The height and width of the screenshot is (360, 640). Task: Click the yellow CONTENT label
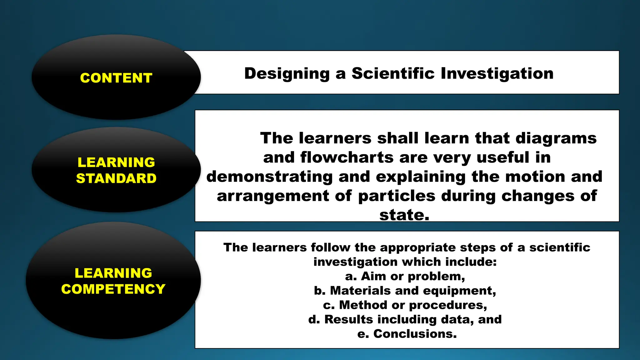(x=116, y=78)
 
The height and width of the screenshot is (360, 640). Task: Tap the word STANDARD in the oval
(x=116, y=178)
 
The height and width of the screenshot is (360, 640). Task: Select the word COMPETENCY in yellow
(x=113, y=289)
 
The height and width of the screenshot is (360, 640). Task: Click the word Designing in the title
(x=287, y=74)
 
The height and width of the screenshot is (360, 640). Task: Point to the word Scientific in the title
(x=393, y=73)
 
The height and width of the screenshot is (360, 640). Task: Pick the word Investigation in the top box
(x=497, y=74)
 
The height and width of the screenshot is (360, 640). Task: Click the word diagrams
(x=556, y=138)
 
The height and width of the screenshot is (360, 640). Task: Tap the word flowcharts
(x=347, y=157)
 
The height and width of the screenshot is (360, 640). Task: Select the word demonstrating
(x=269, y=177)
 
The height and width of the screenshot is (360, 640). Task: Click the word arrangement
(x=273, y=196)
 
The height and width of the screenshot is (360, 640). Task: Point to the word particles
(x=397, y=196)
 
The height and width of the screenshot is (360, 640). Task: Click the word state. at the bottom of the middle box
(x=404, y=215)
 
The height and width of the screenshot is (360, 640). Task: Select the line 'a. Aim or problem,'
(x=405, y=276)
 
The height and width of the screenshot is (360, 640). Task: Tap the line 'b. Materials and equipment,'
(x=405, y=291)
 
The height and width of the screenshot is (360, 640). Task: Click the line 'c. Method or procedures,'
(x=405, y=305)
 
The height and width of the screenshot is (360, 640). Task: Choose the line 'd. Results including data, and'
(x=405, y=319)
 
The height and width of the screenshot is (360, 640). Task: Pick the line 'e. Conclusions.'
(x=407, y=334)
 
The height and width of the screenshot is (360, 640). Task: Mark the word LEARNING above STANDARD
(x=116, y=162)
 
